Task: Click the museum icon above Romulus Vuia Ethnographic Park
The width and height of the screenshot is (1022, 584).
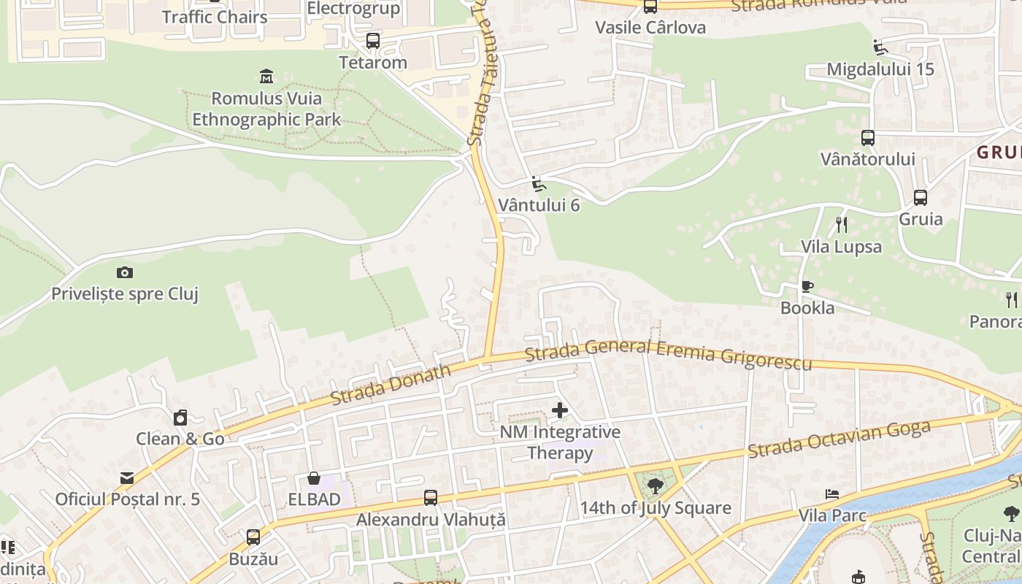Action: [266, 76]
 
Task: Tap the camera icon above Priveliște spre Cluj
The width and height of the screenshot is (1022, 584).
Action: [125, 272]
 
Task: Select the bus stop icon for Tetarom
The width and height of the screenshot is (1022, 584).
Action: [373, 41]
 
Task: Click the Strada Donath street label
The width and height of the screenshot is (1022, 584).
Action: [391, 384]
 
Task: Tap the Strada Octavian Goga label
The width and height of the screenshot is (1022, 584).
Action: [839, 439]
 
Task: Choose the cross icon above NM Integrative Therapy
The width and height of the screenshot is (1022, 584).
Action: [560, 410]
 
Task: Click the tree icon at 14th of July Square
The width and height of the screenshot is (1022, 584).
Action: [655, 485]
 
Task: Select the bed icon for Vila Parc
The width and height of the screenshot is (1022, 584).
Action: [831, 494]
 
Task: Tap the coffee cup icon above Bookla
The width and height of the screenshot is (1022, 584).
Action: [807, 286]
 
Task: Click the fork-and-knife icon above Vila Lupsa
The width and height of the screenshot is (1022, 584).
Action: [841, 224]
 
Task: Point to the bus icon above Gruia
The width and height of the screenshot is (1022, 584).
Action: [921, 197]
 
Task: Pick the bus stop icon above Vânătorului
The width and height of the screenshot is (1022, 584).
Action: [868, 137]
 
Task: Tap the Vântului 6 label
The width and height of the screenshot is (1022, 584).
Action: [539, 205]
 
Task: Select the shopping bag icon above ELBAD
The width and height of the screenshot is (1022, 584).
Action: [314, 478]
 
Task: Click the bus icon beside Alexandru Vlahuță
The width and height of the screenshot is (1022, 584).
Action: [431, 498]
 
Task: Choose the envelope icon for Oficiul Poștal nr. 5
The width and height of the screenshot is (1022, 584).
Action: [127, 478]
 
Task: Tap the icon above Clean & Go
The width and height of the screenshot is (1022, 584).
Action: [180, 418]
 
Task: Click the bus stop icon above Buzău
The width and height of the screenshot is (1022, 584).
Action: [253, 537]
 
